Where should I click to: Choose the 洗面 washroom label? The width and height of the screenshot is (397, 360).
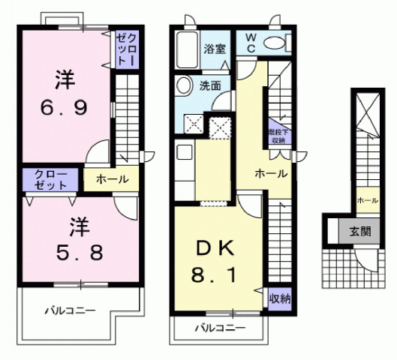pos(209,85)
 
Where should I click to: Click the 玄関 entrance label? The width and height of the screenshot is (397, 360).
pos(359,231)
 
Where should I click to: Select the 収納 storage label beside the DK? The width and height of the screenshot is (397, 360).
pos(280,298)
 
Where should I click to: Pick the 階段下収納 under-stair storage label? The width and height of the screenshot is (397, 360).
pos(278,136)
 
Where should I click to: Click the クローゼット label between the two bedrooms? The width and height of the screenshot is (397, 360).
pos(50,179)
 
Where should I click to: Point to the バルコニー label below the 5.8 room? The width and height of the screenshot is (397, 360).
pos(69,310)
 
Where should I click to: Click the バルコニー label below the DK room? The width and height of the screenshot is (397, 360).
pos(221,328)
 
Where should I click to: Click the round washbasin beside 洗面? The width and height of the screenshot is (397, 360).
pos(182,87)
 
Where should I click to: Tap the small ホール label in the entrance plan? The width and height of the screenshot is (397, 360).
pos(367,200)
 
